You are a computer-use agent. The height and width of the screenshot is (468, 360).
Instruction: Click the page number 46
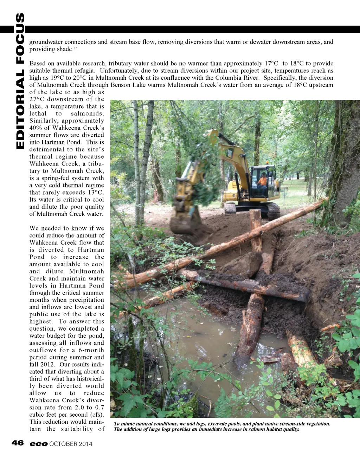pyautogui.click(x=18, y=443)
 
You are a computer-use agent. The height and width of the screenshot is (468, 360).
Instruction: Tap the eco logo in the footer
pyautogui.click(x=39, y=444)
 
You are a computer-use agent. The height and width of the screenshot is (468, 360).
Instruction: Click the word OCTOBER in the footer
pyautogui.click(x=63, y=444)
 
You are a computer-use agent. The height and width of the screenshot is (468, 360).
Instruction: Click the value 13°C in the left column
pyautogui.click(x=96, y=192)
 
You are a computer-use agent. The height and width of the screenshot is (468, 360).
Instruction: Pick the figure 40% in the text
pyautogui.click(x=36, y=128)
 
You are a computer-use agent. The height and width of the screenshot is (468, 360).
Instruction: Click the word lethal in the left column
pyautogui.click(x=38, y=113)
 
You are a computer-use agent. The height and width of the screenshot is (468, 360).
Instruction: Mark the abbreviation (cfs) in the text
pyautogui.click(x=97, y=415)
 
